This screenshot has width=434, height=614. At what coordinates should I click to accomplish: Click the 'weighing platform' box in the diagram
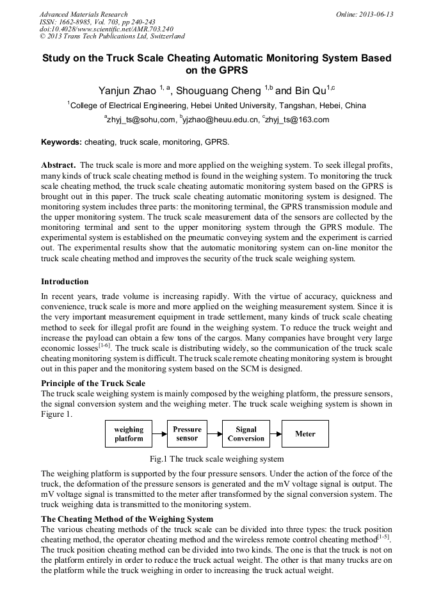(129, 433)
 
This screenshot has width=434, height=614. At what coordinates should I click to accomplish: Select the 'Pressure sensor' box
(187, 433)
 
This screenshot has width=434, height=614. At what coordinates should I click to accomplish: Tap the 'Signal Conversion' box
(246, 433)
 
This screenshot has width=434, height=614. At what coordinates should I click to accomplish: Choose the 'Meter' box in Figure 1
(305, 433)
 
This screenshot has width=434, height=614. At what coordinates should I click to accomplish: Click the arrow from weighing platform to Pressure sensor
(160, 433)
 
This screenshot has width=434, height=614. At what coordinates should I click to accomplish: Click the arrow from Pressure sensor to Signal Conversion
(214, 433)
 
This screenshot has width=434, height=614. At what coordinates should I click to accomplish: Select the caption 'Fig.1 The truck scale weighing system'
(216, 458)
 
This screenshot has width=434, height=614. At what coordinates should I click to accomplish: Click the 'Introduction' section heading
(65, 281)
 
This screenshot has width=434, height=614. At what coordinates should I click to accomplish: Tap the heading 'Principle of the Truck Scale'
(93, 383)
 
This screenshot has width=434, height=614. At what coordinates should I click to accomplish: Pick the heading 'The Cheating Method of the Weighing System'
(127, 518)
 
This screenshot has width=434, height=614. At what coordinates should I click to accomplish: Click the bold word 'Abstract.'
(59, 165)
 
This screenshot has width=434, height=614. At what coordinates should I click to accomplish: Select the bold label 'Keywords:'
(61, 141)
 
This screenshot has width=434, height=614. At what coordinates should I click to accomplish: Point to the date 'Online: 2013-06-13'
(364, 14)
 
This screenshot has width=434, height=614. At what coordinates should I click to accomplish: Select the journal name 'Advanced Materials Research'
(83, 14)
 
